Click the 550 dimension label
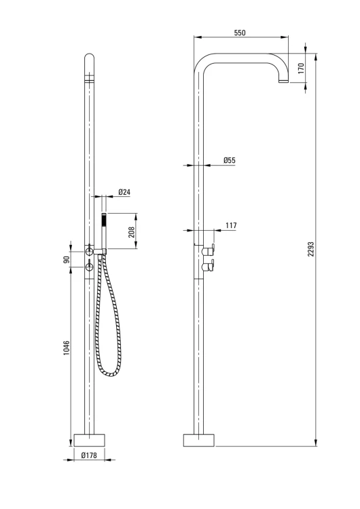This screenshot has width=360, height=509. click(x=240, y=33)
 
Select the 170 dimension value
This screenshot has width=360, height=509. click(x=301, y=68)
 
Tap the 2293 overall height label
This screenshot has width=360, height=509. click(x=311, y=249)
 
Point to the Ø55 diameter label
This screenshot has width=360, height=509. click(x=230, y=160)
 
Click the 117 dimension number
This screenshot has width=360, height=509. click(x=231, y=225)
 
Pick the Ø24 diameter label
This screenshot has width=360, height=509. click(x=124, y=192)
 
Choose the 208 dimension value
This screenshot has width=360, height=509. click(x=132, y=232)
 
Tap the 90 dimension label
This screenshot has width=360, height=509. click(x=67, y=260)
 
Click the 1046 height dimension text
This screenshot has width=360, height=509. click(x=67, y=347)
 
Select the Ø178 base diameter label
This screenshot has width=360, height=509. click(x=89, y=455)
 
